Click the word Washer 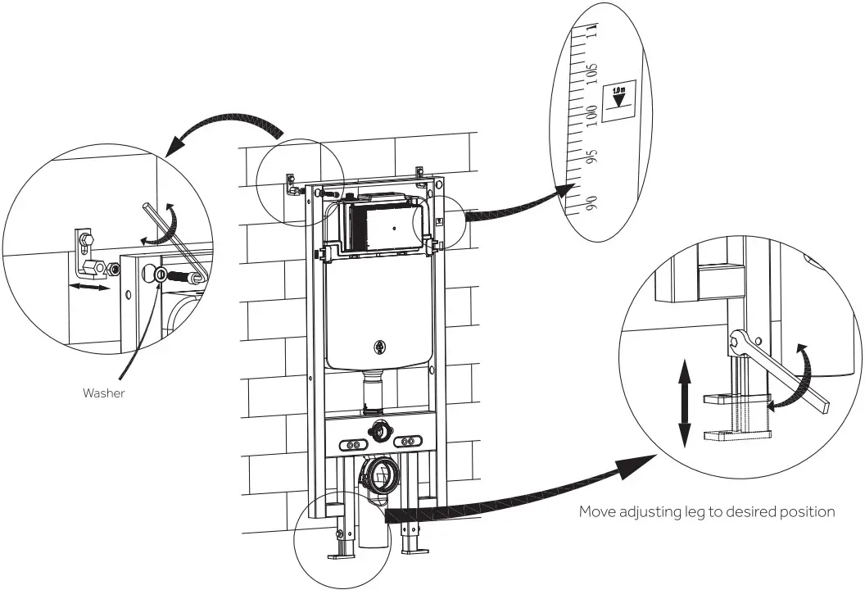104,393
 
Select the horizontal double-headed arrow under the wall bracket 88,288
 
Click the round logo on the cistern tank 378,347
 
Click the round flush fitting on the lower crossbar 378,427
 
